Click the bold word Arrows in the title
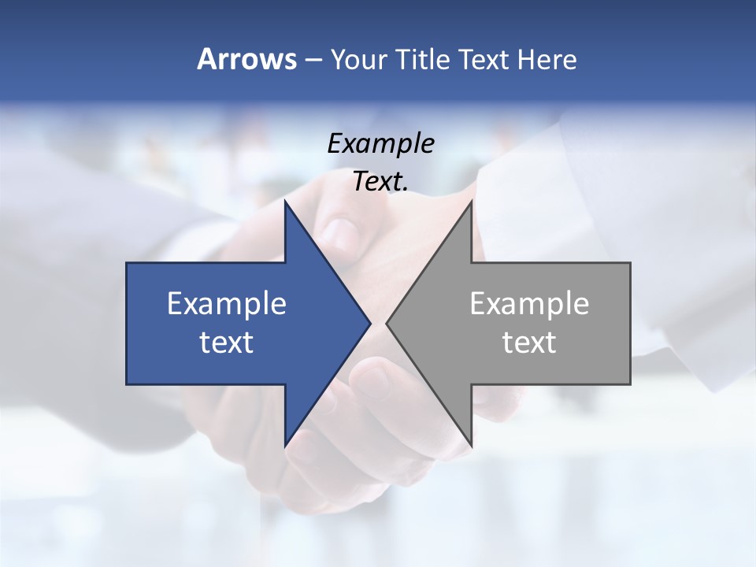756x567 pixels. tap(246, 59)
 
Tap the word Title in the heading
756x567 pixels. tap(422, 59)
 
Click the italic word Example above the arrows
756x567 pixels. tap(380, 143)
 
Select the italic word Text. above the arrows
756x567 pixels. tap(380, 181)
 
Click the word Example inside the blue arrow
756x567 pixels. tap(226, 304)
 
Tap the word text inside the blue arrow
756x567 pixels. tap(226, 342)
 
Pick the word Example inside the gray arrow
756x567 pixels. tap(529, 304)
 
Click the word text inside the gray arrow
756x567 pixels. tap(529, 342)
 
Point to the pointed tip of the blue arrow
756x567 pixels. tap(369, 323)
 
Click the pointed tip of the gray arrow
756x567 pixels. tap(387, 323)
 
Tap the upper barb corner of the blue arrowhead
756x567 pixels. tap(285, 202)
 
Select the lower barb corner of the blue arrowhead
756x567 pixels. tap(285, 445)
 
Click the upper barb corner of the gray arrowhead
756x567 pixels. tap(471, 202)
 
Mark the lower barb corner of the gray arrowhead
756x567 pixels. tap(471, 445)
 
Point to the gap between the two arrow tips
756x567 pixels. tap(378, 323)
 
